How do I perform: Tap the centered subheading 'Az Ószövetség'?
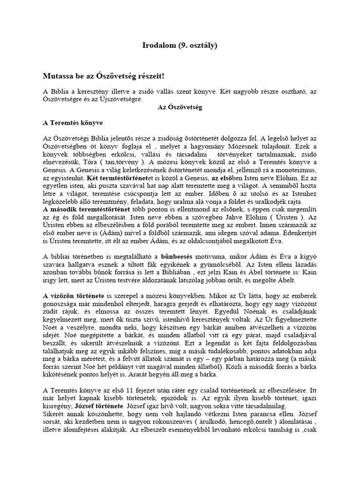tap(180, 107)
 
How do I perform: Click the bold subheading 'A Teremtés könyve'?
tap(73, 123)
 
